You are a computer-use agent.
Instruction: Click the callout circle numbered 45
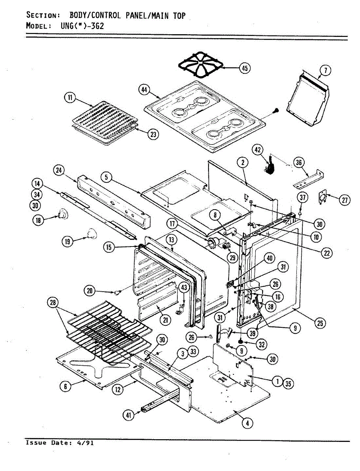coord(245,68)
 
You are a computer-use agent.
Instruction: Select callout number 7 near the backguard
coord(325,71)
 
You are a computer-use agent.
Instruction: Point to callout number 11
coord(70,98)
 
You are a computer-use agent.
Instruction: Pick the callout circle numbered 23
coord(153,134)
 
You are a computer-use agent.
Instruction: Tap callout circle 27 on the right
coord(344,200)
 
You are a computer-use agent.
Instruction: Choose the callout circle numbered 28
coord(53,303)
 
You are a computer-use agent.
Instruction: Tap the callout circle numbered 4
coord(247,423)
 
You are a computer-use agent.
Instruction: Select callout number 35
coord(289,385)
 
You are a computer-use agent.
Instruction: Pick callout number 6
coord(66,387)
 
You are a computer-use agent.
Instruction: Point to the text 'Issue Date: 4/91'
coord(60,443)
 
